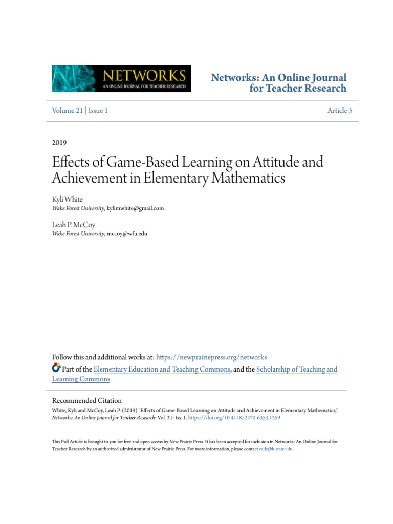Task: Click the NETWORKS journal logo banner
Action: tap(121, 78)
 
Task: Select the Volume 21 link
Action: tap(67, 111)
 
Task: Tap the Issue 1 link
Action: tap(98, 111)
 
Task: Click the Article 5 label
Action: tap(340, 111)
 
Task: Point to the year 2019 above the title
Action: tap(59, 143)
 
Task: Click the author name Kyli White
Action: tap(67, 200)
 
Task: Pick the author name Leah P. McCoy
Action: tap(74, 225)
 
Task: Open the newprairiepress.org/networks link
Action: tap(211, 357)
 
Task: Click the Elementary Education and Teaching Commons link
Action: tap(162, 369)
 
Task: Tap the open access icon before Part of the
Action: tap(56, 368)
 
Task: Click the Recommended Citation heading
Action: tap(87, 401)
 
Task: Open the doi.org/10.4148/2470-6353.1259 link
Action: tap(234, 418)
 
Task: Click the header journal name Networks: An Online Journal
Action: tap(279, 78)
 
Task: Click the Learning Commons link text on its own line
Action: tap(81, 379)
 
